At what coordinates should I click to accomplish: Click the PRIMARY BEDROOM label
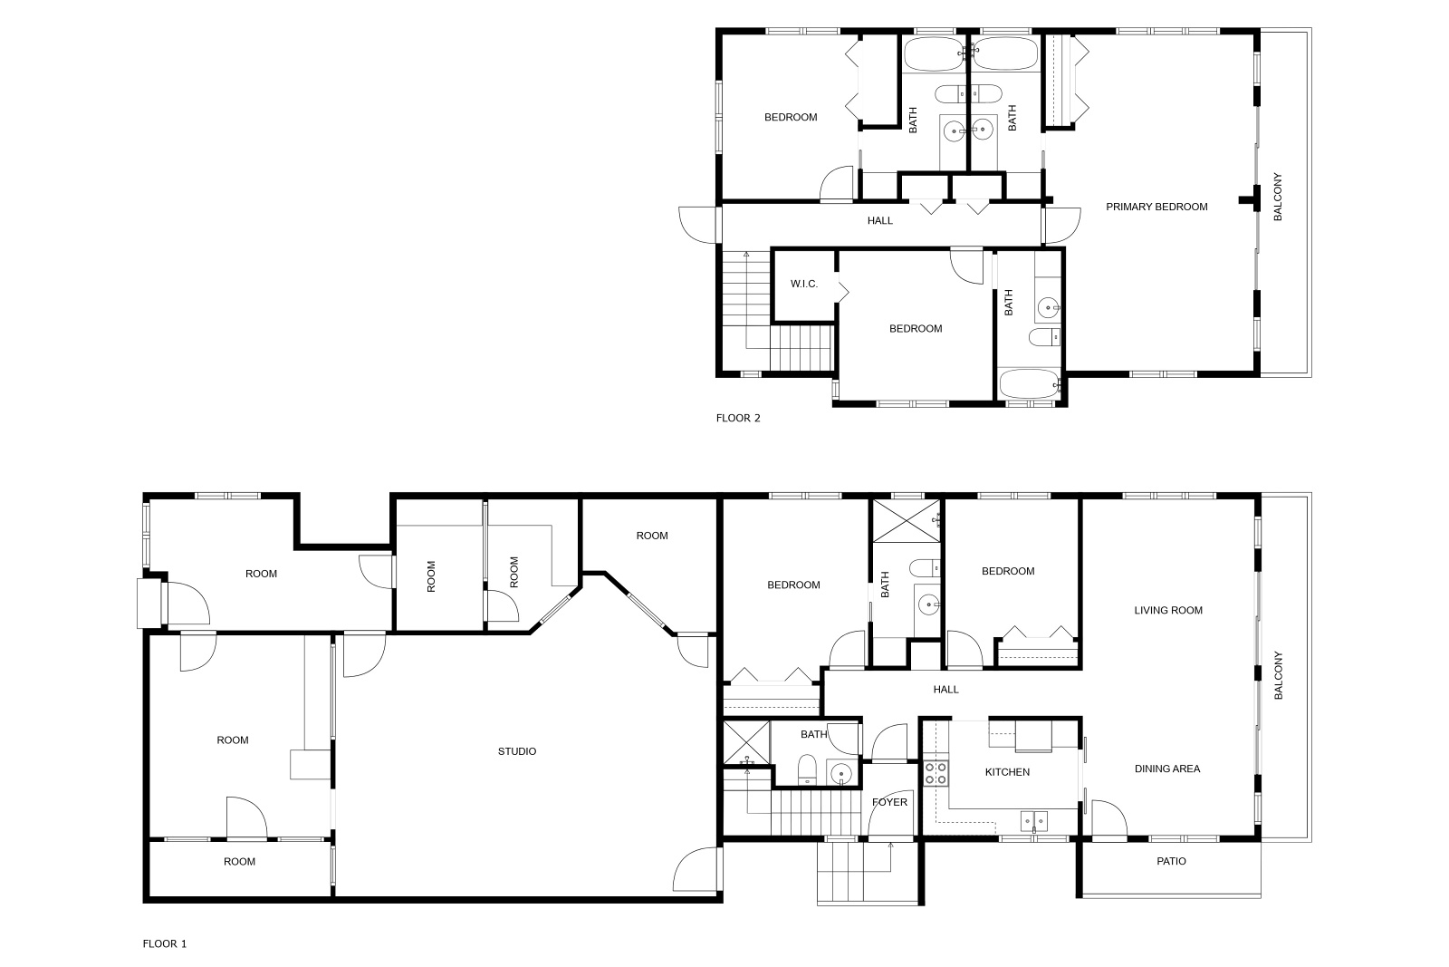click(1156, 208)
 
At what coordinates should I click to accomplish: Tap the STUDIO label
click(517, 751)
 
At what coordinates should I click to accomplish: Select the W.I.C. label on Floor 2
click(804, 285)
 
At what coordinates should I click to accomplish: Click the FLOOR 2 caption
click(738, 418)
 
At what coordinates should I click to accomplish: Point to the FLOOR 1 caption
click(164, 943)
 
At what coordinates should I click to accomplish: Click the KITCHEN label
click(1007, 772)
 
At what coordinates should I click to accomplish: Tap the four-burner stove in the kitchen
click(936, 773)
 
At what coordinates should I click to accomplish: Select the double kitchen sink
click(1033, 821)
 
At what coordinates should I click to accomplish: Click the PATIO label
click(1172, 862)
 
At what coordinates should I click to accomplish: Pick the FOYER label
click(889, 802)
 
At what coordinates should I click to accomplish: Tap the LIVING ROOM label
click(1168, 610)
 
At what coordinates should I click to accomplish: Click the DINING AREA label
click(1167, 769)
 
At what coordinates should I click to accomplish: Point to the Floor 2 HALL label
click(879, 221)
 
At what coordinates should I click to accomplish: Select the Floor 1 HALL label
click(945, 690)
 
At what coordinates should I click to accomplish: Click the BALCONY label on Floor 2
click(1278, 197)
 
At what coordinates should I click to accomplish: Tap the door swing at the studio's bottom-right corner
click(696, 869)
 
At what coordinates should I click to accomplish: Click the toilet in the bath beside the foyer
click(807, 769)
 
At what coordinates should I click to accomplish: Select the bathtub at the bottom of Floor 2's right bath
click(1029, 384)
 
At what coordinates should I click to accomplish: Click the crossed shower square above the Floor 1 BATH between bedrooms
click(907, 521)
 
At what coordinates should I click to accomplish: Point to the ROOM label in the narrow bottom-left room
click(239, 862)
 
